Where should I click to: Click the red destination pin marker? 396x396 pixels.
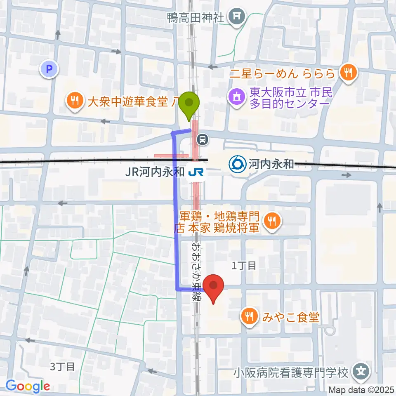pyautogui.click(x=213, y=288)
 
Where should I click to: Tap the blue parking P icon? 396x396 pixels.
pyautogui.click(x=49, y=69)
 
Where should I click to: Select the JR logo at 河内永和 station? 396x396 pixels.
pyautogui.click(x=196, y=172)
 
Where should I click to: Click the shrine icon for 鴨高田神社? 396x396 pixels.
pyautogui.click(x=238, y=17)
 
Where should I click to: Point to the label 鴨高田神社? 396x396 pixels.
pyautogui.click(x=195, y=17)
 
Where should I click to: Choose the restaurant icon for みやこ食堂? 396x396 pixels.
pyautogui.click(x=250, y=317)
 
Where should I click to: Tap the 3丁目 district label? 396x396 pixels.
pyautogui.click(x=63, y=366)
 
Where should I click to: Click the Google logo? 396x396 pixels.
pyautogui.click(x=28, y=386)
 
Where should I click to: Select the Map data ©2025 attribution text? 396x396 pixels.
pyautogui.click(x=361, y=389)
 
